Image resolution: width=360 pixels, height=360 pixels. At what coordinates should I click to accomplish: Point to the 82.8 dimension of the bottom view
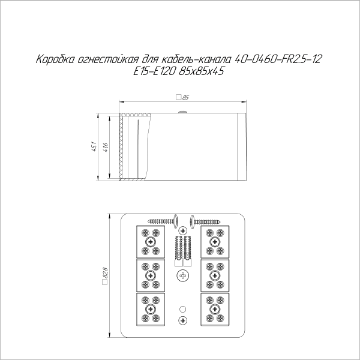point(106,276)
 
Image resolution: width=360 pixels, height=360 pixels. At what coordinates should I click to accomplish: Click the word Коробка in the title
point(55,60)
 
